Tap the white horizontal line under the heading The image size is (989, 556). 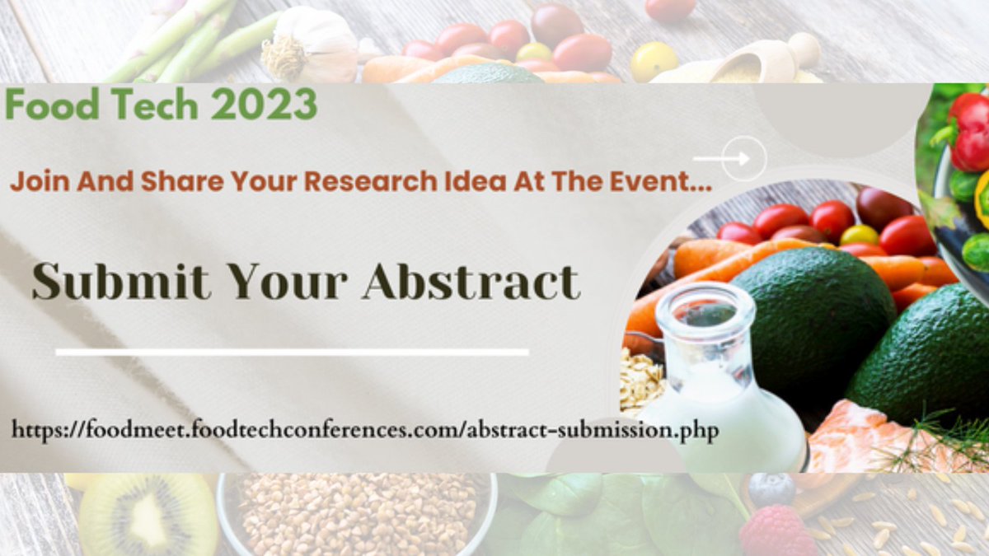(x=292, y=353)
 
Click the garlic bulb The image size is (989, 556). (x=310, y=44)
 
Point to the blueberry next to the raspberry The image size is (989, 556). (x=771, y=489)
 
